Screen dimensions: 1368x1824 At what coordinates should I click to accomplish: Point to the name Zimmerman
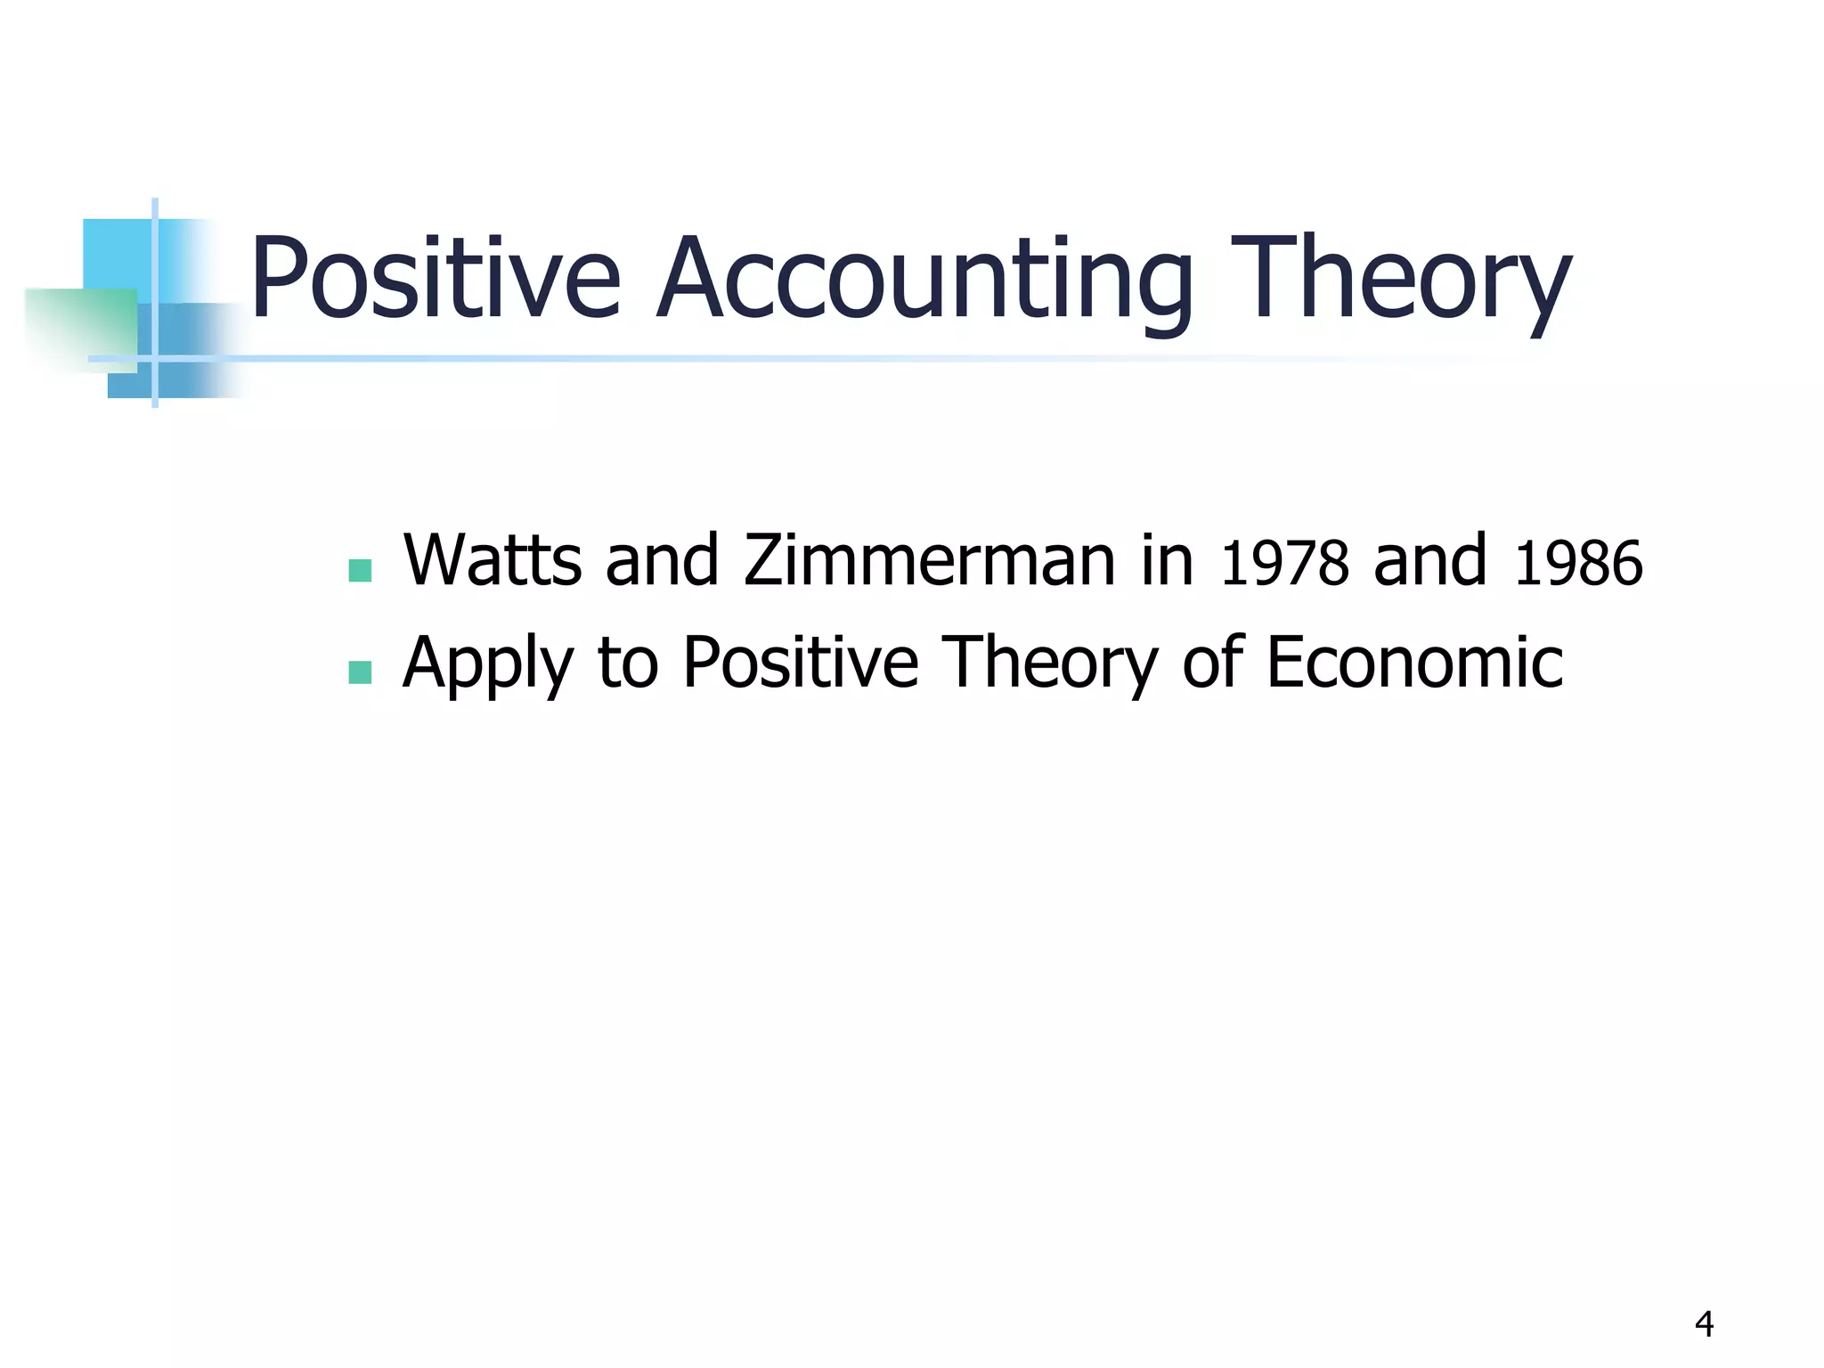coord(929,561)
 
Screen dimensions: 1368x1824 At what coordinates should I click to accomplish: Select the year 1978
coord(1283,564)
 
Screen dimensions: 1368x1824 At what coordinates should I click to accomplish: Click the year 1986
coord(1577,564)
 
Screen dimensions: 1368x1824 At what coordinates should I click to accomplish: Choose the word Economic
coord(1414,663)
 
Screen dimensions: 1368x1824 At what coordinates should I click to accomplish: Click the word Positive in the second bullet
coord(801,663)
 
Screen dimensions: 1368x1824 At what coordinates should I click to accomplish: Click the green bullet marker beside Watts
coord(360,571)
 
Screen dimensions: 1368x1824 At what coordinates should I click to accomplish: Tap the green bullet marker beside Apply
coord(360,672)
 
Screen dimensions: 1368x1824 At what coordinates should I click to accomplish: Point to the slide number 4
coord(1704,1324)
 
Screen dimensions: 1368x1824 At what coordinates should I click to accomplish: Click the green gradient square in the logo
coord(80,329)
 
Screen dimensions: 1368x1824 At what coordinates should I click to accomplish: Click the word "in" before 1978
coord(1168,561)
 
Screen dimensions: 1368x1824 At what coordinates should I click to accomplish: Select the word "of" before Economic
coord(1211,663)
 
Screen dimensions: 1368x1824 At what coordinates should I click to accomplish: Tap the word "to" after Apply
coord(628,664)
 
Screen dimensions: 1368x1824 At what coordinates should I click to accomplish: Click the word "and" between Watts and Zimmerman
coord(662,561)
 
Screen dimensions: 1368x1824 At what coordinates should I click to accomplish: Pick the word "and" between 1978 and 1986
coord(1430,561)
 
